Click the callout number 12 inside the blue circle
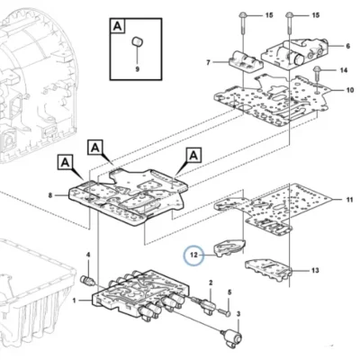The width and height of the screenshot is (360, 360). coord(193,255)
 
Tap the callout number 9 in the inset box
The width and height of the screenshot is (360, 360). coord(138,69)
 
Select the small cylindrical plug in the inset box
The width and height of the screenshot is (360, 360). coord(138,40)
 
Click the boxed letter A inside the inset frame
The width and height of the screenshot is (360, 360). coord(118,26)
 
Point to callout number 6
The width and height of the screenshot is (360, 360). coord(348,46)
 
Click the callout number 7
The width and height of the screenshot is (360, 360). coord(209,62)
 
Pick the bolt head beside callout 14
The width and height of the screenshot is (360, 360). coord(316,70)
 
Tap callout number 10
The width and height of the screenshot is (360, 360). coord(350,90)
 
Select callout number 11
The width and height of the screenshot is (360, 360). coord(350,200)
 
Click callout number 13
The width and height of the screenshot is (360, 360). coord(315,271)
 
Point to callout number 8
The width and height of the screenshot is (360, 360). coord(50,195)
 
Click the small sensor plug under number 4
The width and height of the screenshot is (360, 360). coord(88,281)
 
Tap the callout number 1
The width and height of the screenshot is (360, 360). coord(75,300)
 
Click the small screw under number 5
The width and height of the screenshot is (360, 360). coord(225,312)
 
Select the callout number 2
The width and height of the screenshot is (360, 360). coord(211,283)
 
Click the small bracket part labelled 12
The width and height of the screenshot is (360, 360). coord(229,247)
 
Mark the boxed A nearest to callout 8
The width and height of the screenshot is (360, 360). coord(65,162)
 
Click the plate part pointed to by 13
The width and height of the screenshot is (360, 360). coord(268,268)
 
